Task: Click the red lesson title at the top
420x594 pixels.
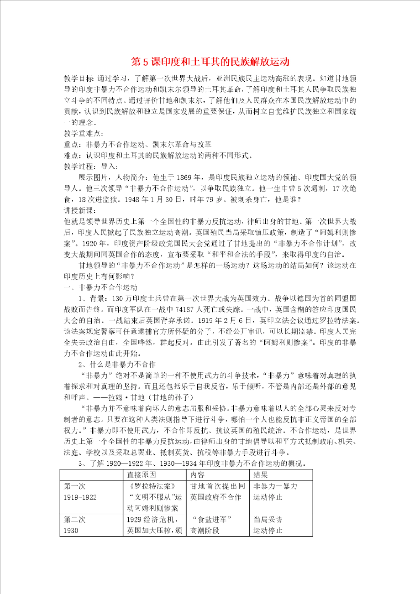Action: tap(210, 62)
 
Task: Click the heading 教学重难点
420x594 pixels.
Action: tap(83, 134)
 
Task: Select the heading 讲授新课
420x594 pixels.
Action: tap(80, 211)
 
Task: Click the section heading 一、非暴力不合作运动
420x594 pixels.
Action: tap(100, 287)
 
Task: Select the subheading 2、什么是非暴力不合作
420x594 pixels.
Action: tap(117, 364)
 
